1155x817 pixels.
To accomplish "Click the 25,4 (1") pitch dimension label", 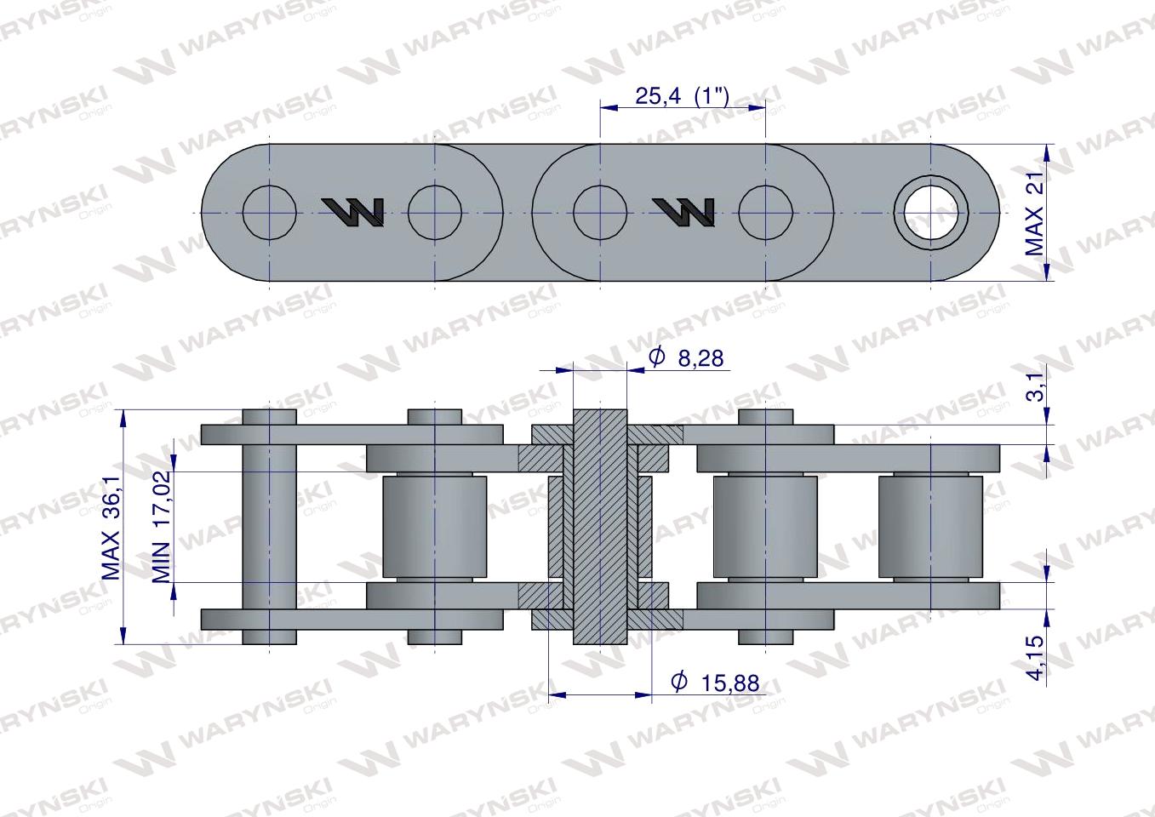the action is coord(682,96).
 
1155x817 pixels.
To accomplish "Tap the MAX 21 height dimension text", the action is coord(1034,213).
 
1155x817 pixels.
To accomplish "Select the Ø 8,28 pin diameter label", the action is coord(686,357).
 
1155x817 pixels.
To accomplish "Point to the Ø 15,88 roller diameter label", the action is coord(715,683).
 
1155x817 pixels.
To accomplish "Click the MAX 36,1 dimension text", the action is coord(111,528).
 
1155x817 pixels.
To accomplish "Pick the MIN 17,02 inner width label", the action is coord(162,526).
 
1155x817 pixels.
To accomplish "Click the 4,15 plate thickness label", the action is coord(1035,657).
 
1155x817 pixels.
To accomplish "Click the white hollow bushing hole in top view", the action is coord(930,213).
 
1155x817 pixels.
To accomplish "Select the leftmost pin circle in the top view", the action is coord(270,213).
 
